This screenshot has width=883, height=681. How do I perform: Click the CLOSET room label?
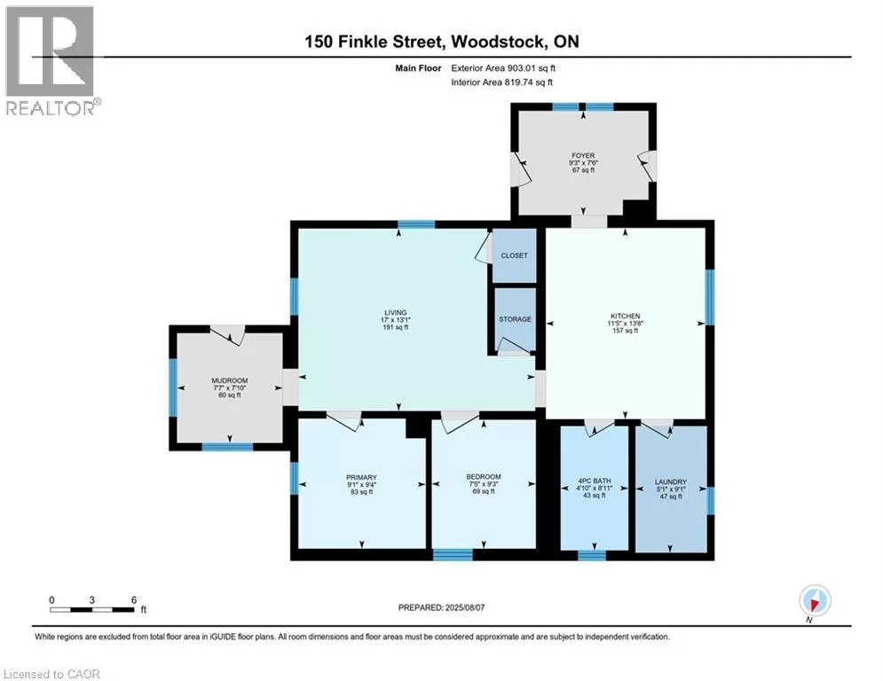(x=514, y=255)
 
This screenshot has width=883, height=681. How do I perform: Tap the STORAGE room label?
(x=515, y=319)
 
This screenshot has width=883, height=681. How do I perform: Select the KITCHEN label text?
(x=625, y=317)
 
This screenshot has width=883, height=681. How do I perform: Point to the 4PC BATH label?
(x=594, y=481)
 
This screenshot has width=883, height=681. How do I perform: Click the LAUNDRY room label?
(x=670, y=481)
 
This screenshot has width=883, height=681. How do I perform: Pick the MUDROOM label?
(x=229, y=380)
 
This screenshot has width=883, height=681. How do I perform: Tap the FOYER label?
(x=583, y=155)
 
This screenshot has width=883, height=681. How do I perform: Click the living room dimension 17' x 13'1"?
(x=395, y=320)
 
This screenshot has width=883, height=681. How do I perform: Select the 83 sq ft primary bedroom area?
(x=361, y=492)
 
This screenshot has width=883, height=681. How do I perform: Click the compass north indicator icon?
(x=815, y=600)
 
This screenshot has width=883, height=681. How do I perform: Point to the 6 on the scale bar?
(x=134, y=600)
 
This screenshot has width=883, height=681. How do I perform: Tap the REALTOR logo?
(x=51, y=60)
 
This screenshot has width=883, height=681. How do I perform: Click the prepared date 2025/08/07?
(x=465, y=607)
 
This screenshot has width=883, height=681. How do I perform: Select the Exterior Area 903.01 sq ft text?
(x=503, y=68)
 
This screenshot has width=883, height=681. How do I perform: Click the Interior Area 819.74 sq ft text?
(x=501, y=82)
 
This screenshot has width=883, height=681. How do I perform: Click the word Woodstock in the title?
(x=499, y=42)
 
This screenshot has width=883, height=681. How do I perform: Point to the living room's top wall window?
(x=416, y=224)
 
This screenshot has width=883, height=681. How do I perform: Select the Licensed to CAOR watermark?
(x=51, y=674)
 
